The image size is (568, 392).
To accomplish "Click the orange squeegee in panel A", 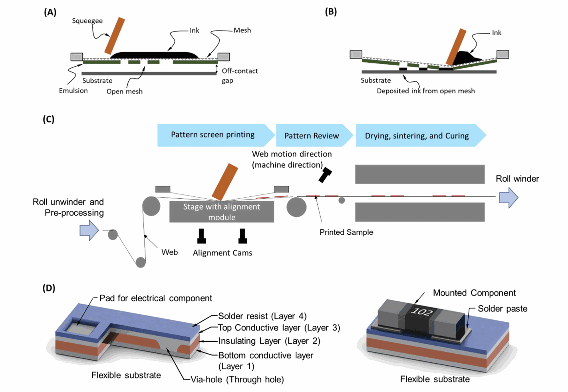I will [115, 36].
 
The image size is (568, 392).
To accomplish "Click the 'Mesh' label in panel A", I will [242, 30].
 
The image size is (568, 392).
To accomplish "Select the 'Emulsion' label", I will [73, 91].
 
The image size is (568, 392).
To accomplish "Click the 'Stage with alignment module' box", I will [222, 212].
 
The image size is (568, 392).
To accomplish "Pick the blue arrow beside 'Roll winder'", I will [508, 198].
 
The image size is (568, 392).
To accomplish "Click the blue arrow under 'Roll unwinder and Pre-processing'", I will [89, 231].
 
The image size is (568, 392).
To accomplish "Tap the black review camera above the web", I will [325, 175].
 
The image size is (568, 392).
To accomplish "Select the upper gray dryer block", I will [419, 174].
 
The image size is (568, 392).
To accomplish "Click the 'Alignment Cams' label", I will [222, 253].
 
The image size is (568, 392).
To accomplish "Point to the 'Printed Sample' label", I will [346, 232].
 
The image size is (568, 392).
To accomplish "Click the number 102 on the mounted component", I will [421, 311].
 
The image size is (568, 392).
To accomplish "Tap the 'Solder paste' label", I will [502, 309].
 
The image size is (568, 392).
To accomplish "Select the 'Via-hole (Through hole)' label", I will [237, 380].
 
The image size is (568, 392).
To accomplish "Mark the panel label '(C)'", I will [48, 119].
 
